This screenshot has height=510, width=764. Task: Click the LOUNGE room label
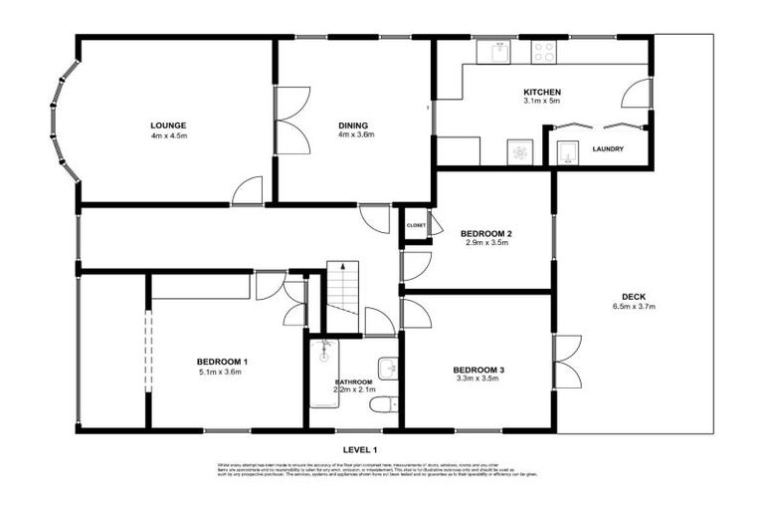click(x=169, y=126)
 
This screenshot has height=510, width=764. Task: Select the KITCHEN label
click(x=542, y=91)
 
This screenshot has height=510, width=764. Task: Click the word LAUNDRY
click(x=607, y=149)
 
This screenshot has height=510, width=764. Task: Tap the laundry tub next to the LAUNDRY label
click(x=567, y=152)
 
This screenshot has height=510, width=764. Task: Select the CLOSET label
click(x=416, y=225)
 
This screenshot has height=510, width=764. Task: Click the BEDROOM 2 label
click(x=485, y=234)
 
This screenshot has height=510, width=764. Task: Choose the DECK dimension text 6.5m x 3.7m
click(x=633, y=307)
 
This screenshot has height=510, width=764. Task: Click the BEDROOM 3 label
click(x=479, y=371)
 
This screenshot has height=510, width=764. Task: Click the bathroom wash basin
click(x=388, y=368)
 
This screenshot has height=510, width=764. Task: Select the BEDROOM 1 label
click(x=222, y=362)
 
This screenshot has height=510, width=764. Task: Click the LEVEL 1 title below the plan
click(x=361, y=450)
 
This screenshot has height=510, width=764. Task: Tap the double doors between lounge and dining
click(x=286, y=120)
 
